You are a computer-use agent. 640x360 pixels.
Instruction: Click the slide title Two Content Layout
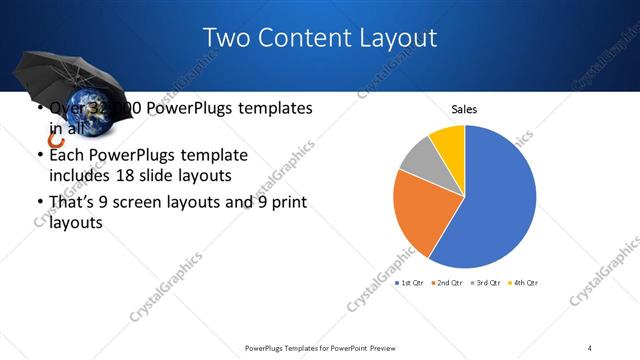pos(320,38)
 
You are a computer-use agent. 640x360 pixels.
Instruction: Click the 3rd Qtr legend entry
pos(484,283)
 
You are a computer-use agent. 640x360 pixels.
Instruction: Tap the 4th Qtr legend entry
pos(521,283)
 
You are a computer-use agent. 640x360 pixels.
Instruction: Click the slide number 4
pos(590,347)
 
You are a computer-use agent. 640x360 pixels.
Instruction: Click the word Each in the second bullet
pos(67,156)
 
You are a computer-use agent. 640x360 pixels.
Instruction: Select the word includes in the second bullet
pos(82,176)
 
